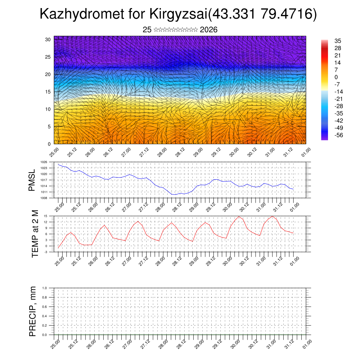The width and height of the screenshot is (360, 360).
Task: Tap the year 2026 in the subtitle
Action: click(208, 30)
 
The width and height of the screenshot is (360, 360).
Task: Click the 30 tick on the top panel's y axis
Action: click(48, 39)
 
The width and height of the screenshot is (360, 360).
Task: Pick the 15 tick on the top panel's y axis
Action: click(48, 92)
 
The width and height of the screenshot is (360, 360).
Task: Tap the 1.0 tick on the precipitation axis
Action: click(44, 288)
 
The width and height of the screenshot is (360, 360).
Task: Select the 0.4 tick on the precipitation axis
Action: click(44, 316)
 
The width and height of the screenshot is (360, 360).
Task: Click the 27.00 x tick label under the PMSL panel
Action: click(127, 207)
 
